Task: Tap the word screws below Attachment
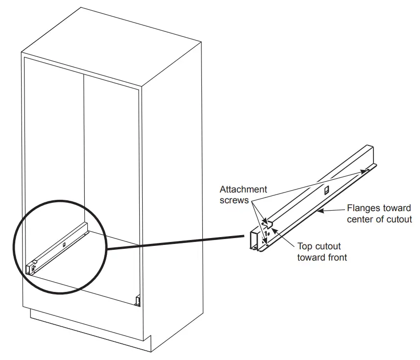pos(235,200)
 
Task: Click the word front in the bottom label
pos(336,257)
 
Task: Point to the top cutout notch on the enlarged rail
pos(268,223)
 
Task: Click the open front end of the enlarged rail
pos(254,240)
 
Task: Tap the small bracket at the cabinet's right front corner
pos(138,299)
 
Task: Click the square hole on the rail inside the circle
pos(64,243)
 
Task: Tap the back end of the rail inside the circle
pos(85,226)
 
